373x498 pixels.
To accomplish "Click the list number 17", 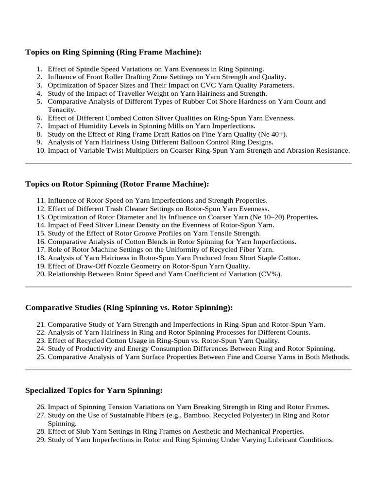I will pyautogui.click(x=40, y=249).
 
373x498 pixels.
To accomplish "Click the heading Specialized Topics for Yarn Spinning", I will pyautogui.click(x=94, y=391).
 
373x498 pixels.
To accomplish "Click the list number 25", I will pyautogui.click(x=40, y=357).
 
